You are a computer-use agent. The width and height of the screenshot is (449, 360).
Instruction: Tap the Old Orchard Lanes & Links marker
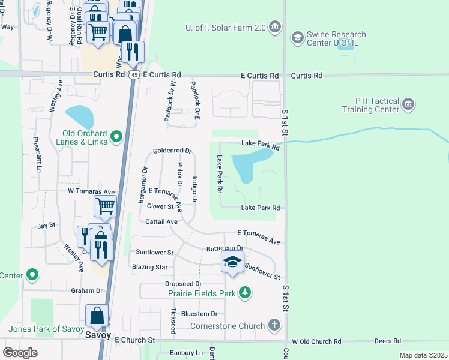116,137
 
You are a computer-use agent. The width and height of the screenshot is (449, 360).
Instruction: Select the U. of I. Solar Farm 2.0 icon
275,26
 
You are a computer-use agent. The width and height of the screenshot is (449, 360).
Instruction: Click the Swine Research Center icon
297,38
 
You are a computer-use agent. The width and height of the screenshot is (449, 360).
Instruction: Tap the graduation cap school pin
232,262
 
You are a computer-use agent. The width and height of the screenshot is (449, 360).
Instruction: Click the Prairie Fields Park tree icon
244,293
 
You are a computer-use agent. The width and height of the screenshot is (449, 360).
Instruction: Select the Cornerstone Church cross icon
274,326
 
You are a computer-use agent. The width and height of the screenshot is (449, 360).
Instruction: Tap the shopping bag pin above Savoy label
97,316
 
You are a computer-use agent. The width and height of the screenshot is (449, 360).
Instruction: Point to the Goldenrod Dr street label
172,151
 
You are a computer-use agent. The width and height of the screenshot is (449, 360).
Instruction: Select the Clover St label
160,206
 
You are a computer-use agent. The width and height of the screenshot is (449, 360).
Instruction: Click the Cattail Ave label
161,221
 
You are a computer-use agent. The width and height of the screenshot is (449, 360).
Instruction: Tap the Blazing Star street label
152,267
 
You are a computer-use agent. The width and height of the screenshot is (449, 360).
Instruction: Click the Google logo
20,352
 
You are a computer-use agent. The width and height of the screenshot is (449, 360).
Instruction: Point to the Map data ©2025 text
423,355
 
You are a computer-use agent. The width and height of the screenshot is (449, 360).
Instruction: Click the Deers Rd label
387,341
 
